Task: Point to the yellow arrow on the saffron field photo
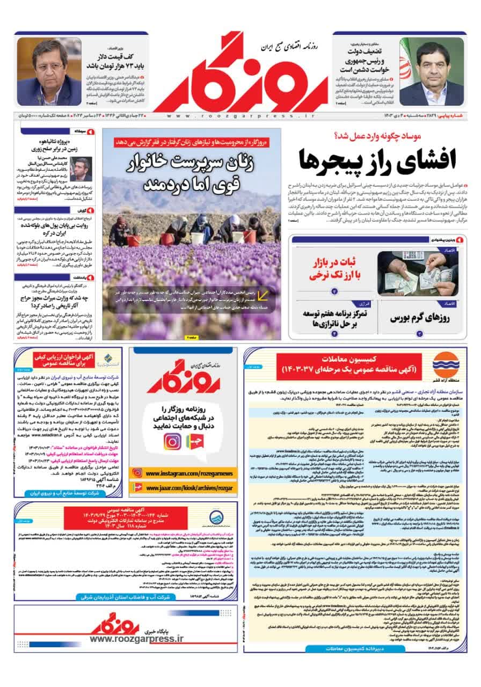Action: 264,295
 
